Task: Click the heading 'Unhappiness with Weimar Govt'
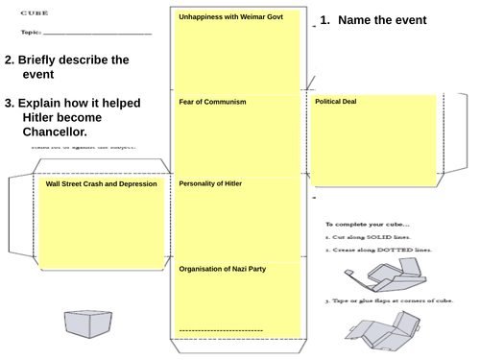[x=230, y=17]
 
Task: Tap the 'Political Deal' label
[x=336, y=102]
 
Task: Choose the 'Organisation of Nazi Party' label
[x=223, y=270]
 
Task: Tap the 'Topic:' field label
[x=32, y=33]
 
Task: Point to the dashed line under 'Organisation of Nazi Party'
[x=222, y=330]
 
